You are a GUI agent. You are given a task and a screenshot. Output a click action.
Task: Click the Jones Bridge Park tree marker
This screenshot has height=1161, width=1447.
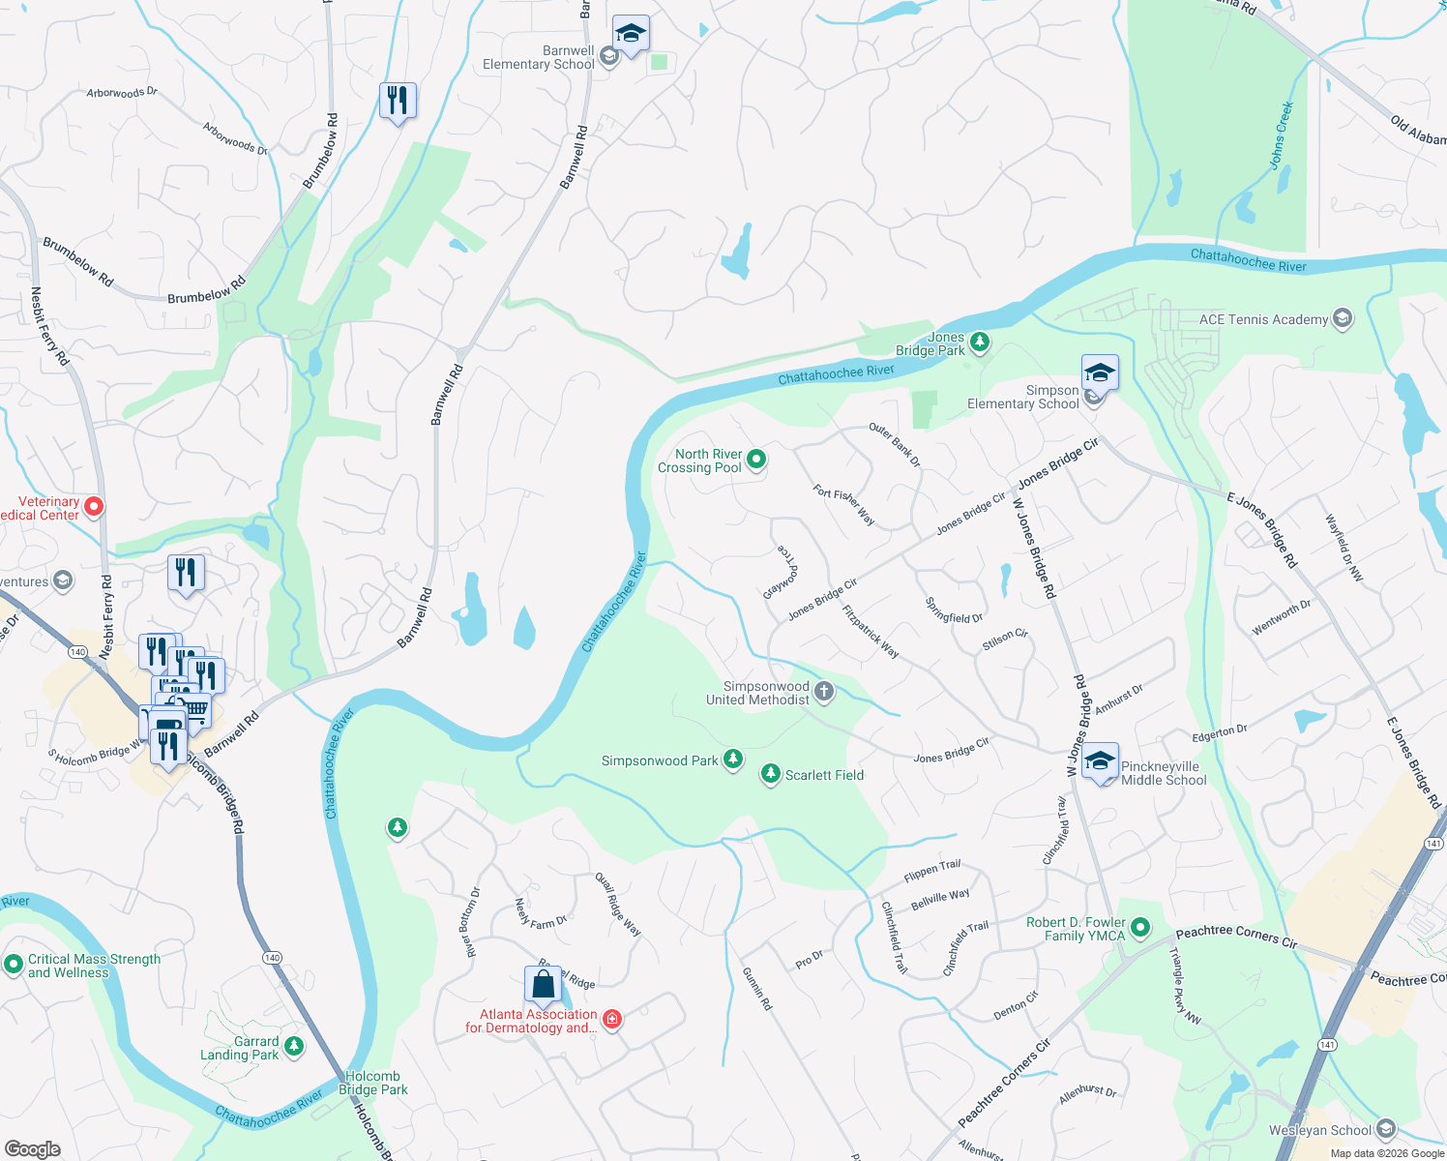point(980,342)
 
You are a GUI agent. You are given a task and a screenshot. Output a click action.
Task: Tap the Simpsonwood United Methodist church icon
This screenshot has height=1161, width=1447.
point(824,691)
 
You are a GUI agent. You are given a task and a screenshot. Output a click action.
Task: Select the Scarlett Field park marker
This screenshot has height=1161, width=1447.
point(771,774)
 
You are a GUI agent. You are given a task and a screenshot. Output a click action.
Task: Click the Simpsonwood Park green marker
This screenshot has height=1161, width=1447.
point(733,759)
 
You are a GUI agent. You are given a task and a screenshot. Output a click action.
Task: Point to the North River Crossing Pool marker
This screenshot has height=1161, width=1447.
point(756,460)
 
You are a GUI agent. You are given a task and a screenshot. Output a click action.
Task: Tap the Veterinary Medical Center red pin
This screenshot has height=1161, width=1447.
point(94,506)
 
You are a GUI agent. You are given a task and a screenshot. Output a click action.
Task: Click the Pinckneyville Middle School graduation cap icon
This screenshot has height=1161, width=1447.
point(1100,760)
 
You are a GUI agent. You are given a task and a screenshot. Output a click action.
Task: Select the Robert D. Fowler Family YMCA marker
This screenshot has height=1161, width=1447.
point(1140,928)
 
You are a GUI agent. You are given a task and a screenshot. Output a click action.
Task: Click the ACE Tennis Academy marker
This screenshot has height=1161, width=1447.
point(1342,319)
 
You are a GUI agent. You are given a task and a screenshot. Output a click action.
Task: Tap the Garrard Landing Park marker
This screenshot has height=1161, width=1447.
point(294,1046)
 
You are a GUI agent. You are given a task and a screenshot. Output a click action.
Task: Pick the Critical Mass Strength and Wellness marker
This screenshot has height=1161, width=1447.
point(14,964)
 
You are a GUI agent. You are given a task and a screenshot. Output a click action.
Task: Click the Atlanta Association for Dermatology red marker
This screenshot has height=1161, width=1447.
point(611,1019)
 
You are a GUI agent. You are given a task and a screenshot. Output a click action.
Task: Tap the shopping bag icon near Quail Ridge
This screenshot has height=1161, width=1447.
point(544,984)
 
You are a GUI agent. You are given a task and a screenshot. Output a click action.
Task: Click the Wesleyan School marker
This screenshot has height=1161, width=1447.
point(1386,1129)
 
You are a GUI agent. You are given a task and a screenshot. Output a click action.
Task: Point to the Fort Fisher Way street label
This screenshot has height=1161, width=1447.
point(843,505)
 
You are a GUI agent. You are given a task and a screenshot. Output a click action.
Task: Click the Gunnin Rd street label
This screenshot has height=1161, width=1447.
point(757,988)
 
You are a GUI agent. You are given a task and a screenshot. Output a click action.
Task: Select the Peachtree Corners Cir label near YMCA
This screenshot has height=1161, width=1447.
point(1236,936)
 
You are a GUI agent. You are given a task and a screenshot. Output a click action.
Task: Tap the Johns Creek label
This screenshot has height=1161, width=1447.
point(1282,135)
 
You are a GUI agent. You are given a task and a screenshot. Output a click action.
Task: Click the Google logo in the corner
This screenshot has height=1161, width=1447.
point(32,1148)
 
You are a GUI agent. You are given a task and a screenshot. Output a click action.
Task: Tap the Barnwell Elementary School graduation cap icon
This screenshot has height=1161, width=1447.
point(631,34)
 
